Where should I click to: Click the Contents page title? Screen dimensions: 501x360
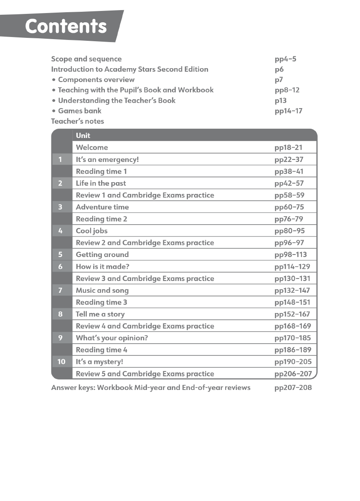tap(66, 27)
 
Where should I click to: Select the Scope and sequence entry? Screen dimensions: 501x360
tap(86, 59)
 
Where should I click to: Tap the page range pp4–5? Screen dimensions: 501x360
tap(285, 59)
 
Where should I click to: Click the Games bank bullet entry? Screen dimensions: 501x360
tap(80, 111)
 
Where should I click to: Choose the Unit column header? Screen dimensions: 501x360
tap(83, 135)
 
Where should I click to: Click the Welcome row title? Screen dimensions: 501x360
tap(92, 147)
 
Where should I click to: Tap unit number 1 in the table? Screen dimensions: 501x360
tap(61, 159)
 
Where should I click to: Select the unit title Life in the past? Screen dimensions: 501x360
tap(101, 183)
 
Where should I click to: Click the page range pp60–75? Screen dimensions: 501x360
tap(289, 207)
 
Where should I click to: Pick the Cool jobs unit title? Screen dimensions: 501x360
tap(91, 231)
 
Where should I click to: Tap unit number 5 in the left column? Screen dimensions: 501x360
tap(61, 254)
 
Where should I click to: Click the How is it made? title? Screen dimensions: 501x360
tap(102, 266)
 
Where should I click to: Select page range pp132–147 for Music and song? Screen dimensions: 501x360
tap(292, 290)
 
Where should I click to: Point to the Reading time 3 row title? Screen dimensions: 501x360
tap(101, 302)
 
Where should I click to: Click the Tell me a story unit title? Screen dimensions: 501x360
tap(100, 314)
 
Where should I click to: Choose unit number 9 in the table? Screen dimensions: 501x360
tap(61, 338)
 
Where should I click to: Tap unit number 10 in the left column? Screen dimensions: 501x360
tap(61, 362)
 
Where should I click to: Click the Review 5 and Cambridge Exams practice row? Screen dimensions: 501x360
tap(145, 374)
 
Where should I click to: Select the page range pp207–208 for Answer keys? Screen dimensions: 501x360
tap(293, 387)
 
